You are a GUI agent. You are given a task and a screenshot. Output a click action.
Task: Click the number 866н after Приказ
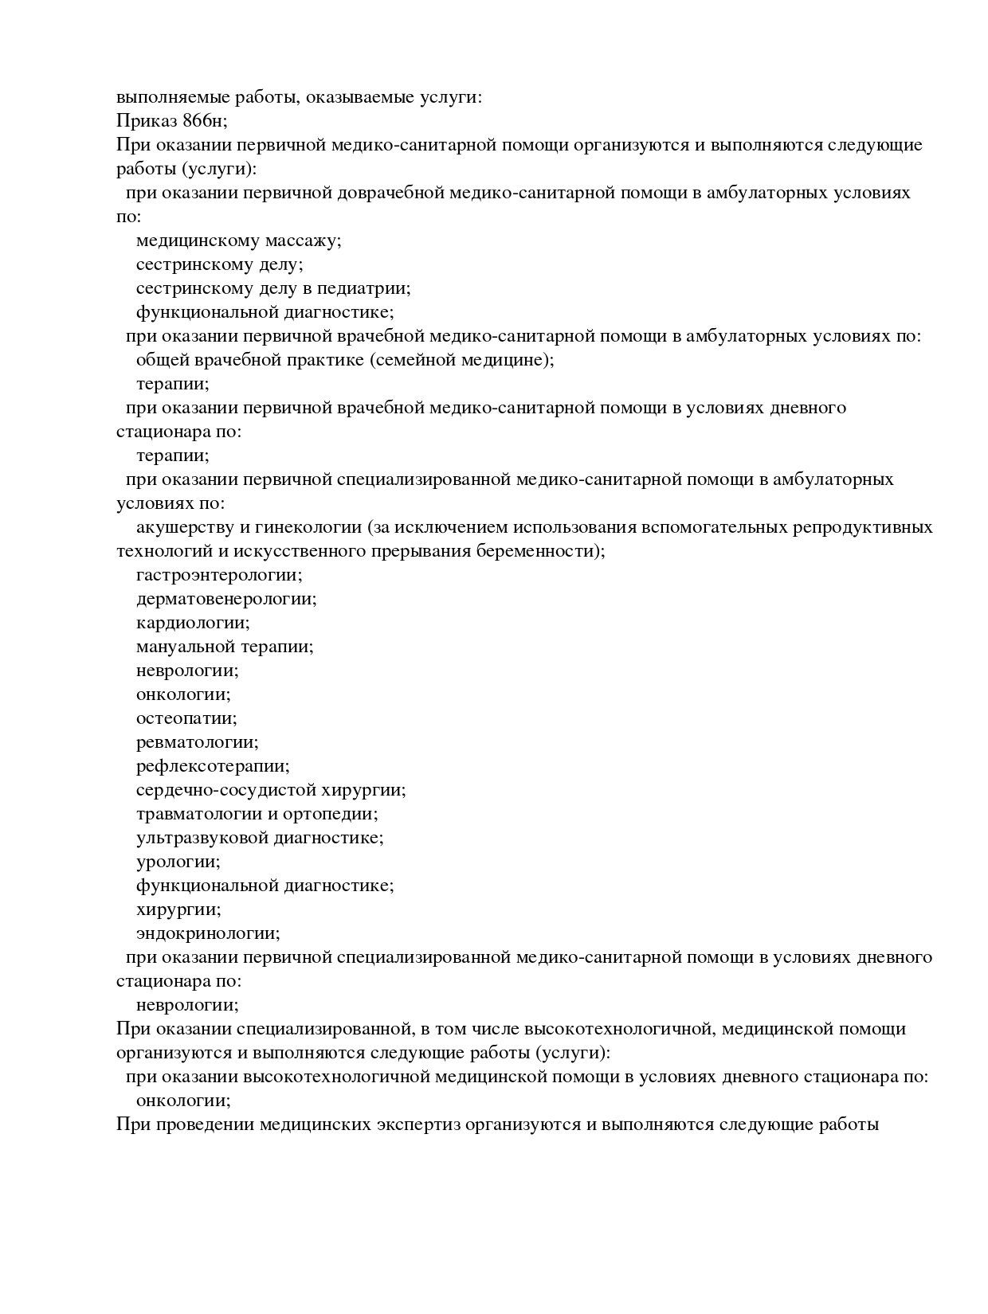tap(204, 121)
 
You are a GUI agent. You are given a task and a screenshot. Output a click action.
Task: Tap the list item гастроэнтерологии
tap(219, 575)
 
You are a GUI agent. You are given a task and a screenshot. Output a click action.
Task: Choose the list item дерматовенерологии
tap(226, 599)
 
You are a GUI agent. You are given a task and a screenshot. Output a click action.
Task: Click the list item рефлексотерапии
tap(213, 766)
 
